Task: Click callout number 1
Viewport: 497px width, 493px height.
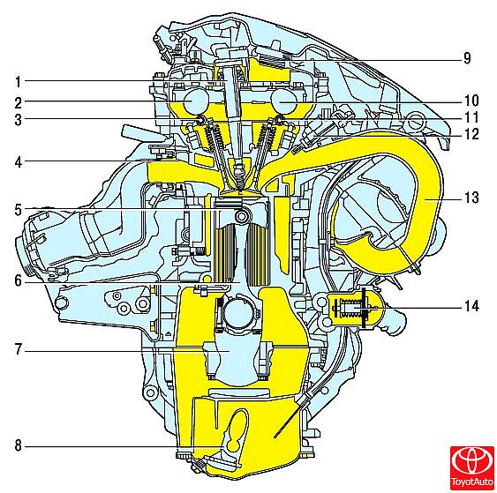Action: [x=19, y=81]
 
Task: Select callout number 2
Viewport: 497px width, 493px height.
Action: [x=19, y=103]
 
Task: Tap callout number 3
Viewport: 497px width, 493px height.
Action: [x=19, y=120]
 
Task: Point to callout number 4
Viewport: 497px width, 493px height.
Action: [x=19, y=162]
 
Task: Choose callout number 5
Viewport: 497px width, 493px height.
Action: [x=19, y=210]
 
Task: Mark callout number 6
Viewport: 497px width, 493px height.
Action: [x=19, y=280]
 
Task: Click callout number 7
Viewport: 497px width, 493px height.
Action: [x=19, y=349]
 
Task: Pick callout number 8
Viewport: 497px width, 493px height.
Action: [x=19, y=445]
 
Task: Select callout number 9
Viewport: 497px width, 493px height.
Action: [x=467, y=58]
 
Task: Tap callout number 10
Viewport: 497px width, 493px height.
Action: [x=471, y=101]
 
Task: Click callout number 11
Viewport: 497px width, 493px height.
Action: [x=471, y=117]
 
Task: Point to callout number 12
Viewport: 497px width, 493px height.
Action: [x=471, y=134]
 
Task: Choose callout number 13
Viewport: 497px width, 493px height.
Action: [x=471, y=198]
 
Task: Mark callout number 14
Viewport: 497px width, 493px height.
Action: [x=471, y=306]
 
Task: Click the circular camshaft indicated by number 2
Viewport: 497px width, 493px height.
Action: [x=197, y=101]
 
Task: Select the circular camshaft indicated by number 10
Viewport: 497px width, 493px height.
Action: [x=284, y=101]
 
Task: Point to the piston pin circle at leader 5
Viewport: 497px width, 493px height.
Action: [x=243, y=217]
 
